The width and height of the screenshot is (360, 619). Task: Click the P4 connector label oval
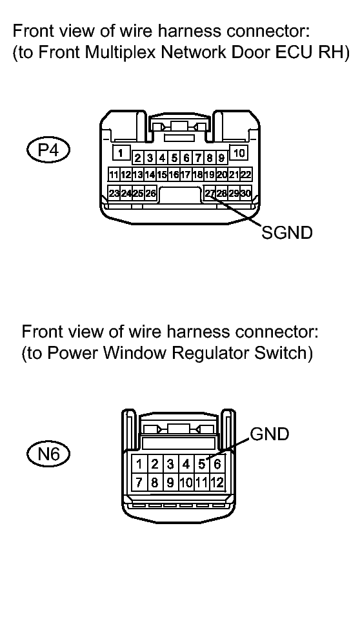pyautogui.click(x=48, y=150)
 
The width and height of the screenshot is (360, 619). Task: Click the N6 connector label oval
pyautogui.click(x=48, y=454)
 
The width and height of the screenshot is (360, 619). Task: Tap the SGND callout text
pyautogui.click(x=287, y=232)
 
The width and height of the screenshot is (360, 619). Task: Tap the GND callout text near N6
pyautogui.click(x=270, y=434)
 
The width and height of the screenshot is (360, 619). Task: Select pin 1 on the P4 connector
pyautogui.click(x=121, y=152)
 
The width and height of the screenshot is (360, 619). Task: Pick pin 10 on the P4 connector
pyautogui.click(x=239, y=152)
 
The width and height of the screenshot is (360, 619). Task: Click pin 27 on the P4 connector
pyautogui.click(x=209, y=194)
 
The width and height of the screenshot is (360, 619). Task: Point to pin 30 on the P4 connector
pyautogui.click(x=246, y=194)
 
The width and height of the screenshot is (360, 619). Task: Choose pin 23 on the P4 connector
pyautogui.click(x=114, y=194)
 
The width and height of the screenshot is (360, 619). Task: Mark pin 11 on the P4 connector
pyautogui.click(x=114, y=174)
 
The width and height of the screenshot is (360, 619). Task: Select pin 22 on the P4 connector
pyautogui.click(x=246, y=174)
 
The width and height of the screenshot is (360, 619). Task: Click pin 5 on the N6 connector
pyautogui.click(x=202, y=463)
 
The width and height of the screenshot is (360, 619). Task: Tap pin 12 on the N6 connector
pyautogui.click(x=217, y=482)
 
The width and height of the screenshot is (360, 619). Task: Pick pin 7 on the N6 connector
pyautogui.click(x=139, y=482)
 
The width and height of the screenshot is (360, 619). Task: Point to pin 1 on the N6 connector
pyautogui.click(x=139, y=463)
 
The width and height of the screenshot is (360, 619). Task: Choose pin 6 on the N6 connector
pyautogui.click(x=217, y=463)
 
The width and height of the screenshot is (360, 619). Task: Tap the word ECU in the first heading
pyautogui.click(x=292, y=52)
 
